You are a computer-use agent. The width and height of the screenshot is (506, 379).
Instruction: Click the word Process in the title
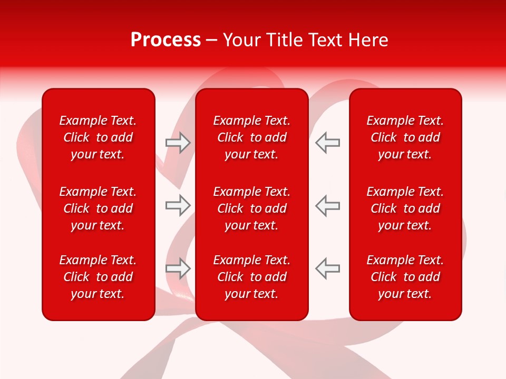coord(166,40)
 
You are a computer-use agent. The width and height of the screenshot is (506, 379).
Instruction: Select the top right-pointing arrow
coord(178,143)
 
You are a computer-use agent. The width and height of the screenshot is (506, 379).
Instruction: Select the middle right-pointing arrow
coord(178,206)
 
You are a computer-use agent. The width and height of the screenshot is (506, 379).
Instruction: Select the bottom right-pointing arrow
coord(178,268)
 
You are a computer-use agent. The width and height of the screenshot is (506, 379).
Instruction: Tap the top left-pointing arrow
coord(328,143)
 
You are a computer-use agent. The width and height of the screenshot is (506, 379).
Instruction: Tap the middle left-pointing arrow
coord(328,206)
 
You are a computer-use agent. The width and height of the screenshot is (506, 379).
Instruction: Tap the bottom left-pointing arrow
coord(328,268)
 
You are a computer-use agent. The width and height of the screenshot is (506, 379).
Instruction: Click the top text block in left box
coord(98,137)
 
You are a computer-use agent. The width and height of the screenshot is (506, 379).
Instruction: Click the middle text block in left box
coord(98,208)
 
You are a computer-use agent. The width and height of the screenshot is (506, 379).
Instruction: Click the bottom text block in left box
coord(98,277)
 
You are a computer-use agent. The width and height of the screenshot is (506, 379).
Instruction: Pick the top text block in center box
coord(252,137)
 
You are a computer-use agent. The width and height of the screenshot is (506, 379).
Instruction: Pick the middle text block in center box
coord(252,208)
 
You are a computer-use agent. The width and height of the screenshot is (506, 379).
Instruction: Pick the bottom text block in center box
coord(252,277)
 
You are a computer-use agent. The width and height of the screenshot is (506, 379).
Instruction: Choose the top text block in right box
coord(405,137)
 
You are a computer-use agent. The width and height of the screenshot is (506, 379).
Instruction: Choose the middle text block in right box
coord(405,208)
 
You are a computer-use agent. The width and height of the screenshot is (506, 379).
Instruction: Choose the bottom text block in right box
coord(405,277)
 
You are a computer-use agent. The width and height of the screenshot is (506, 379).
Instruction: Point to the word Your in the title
coord(241,40)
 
